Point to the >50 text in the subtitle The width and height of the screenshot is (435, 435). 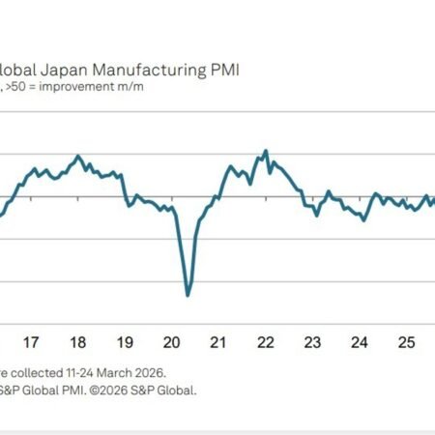[21, 87]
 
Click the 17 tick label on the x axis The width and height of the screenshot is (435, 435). [31, 341]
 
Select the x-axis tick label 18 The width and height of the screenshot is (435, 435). [77, 341]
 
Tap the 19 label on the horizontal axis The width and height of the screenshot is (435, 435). [125, 341]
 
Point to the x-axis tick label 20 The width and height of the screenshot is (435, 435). [171, 341]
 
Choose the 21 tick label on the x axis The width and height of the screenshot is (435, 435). [218, 341]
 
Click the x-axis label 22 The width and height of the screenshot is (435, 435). [265, 341]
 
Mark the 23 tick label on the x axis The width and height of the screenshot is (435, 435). [312, 341]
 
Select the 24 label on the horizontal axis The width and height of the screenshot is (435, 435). [359, 341]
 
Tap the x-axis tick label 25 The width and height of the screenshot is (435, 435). [406, 341]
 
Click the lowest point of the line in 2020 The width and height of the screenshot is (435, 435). [187, 295]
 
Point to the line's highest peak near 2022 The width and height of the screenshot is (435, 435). [266, 151]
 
